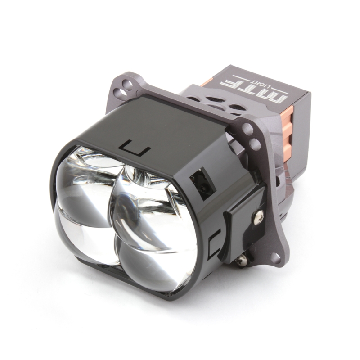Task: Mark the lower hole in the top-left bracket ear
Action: [120, 93]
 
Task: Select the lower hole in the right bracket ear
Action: [255, 144]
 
